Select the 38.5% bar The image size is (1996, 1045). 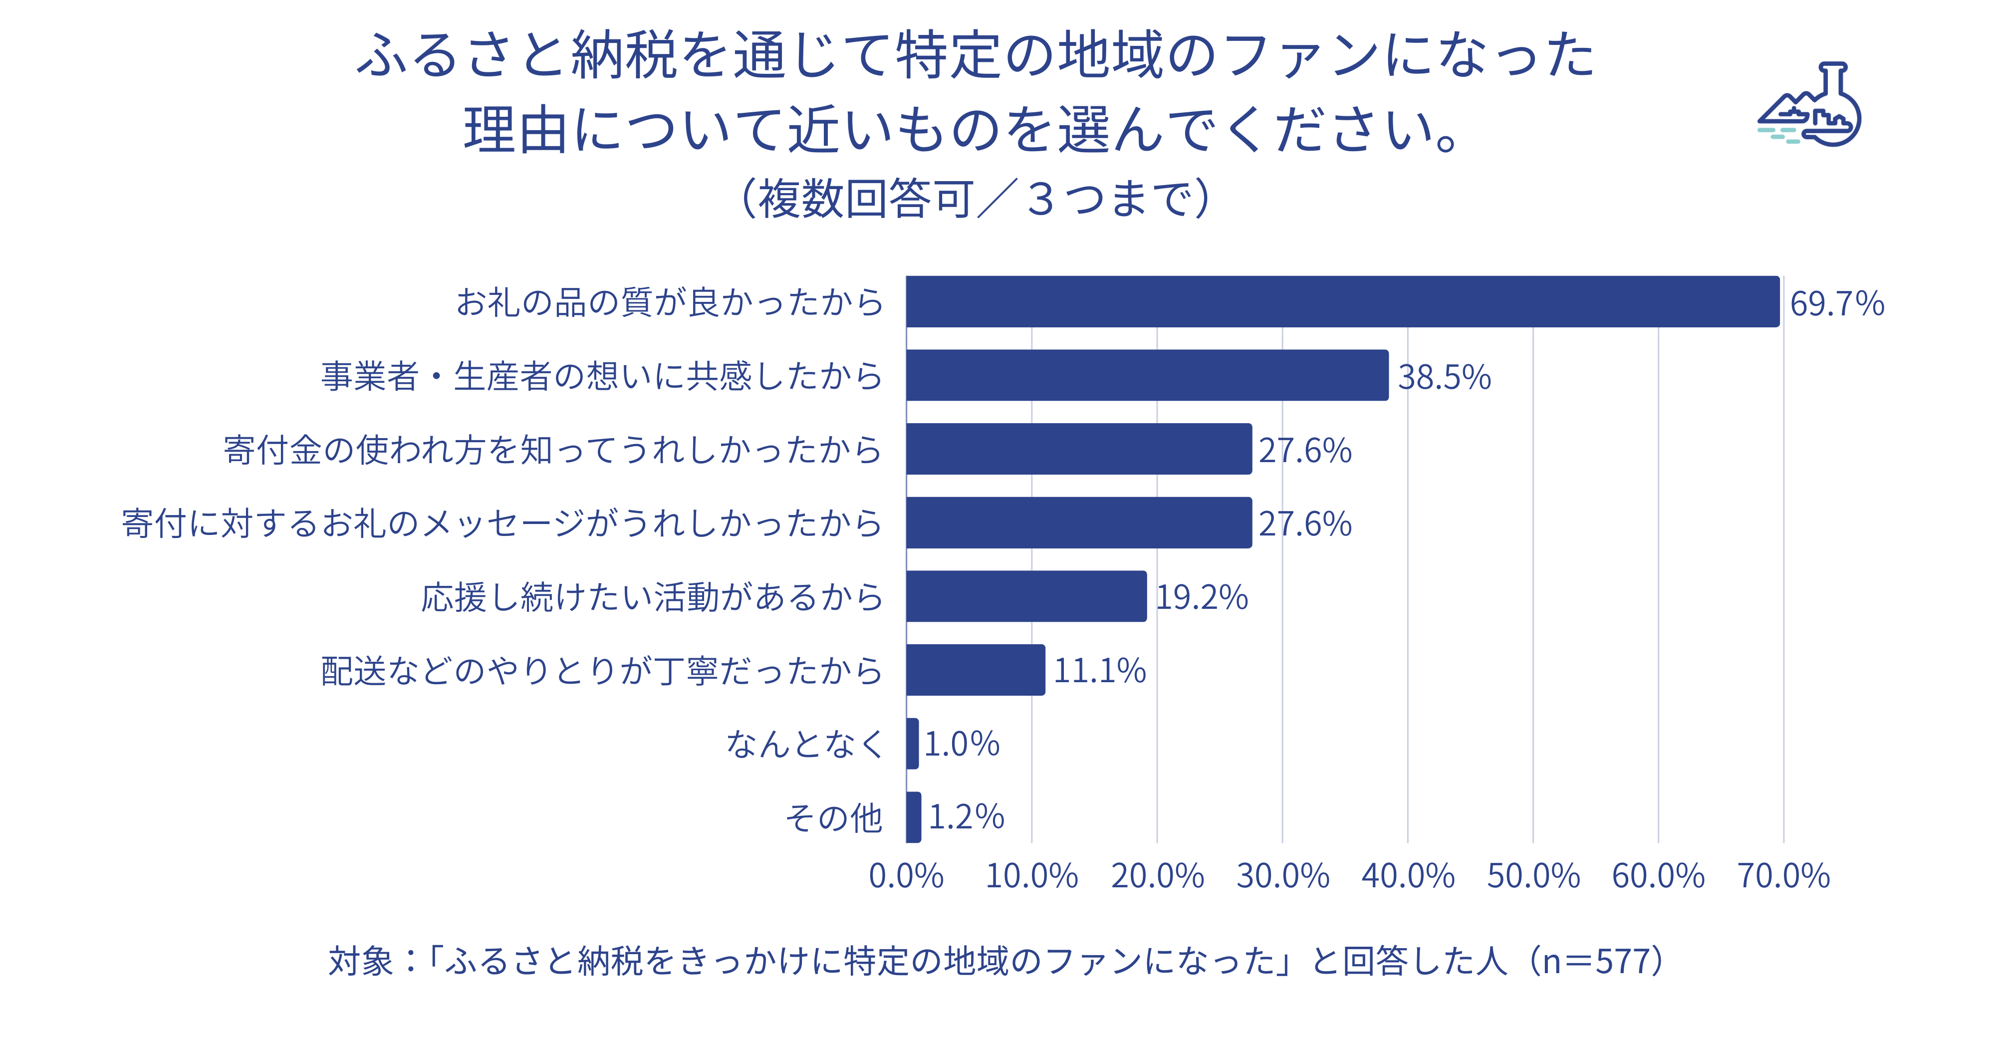1147,375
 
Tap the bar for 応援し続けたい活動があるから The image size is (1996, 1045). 1026,596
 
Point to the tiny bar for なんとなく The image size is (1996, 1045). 913,744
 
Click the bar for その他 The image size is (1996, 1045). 914,816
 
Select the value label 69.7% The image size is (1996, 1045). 1836,303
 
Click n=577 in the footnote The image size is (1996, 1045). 1596,961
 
